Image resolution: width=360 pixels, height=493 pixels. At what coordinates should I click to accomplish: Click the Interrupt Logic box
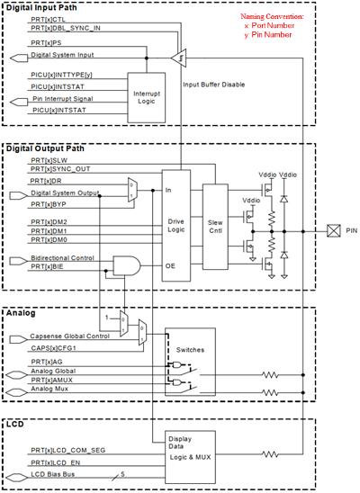(x=149, y=96)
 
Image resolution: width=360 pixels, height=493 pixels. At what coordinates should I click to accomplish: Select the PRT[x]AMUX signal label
(x=52, y=381)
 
